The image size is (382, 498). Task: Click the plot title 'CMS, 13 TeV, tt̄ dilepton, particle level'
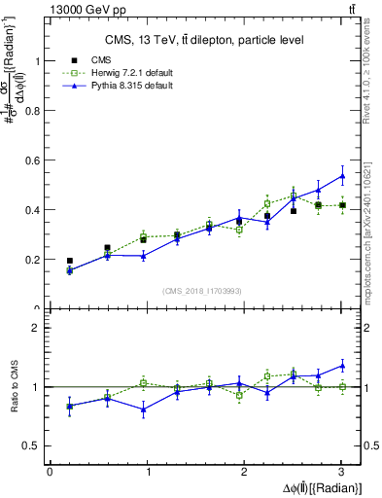point(204,40)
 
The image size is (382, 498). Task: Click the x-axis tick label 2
point(245,473)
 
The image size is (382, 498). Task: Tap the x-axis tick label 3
point(342,473)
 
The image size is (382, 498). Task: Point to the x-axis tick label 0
point(50,473)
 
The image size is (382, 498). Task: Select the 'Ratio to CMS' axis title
point(14,387)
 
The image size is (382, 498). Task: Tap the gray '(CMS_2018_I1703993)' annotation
point(203,291)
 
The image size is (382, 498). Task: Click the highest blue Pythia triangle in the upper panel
point(342,176)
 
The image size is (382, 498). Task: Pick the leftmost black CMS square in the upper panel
point(69,261)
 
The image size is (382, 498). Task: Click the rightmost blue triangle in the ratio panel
point(342,366)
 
